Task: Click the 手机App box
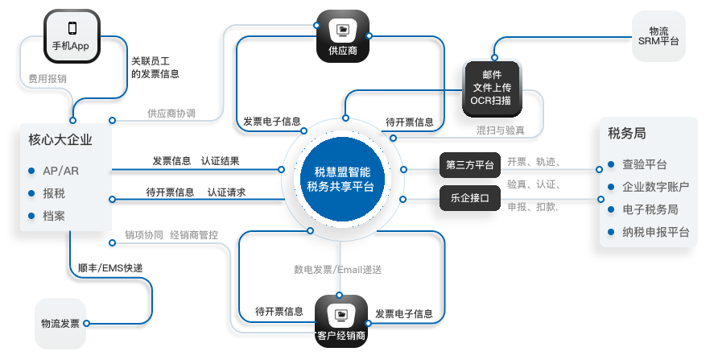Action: coord(72,36)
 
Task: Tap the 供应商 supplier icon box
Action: coord(343,36)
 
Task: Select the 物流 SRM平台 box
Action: coord(658,36)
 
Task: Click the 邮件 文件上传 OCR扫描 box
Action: coord(492,89)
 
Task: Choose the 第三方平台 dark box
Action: coord(470,165)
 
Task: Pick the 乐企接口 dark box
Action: coord(470,198)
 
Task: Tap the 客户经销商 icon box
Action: coord(341,321)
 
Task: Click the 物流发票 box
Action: coord(60,323)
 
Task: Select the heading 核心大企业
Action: coord(60,139)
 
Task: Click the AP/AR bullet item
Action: coord(54,171)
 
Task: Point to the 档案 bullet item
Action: coord(47,216)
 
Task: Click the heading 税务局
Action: coord(626,133)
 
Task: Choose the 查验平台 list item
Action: coord(638,164)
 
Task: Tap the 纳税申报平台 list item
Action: coord(649,232)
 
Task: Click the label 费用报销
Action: coord(47,79)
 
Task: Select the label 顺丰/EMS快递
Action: coord(110,268)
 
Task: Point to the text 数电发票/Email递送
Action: coord(338,270)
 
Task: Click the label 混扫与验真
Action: coord(501,130)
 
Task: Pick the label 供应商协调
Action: coord(171,114)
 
